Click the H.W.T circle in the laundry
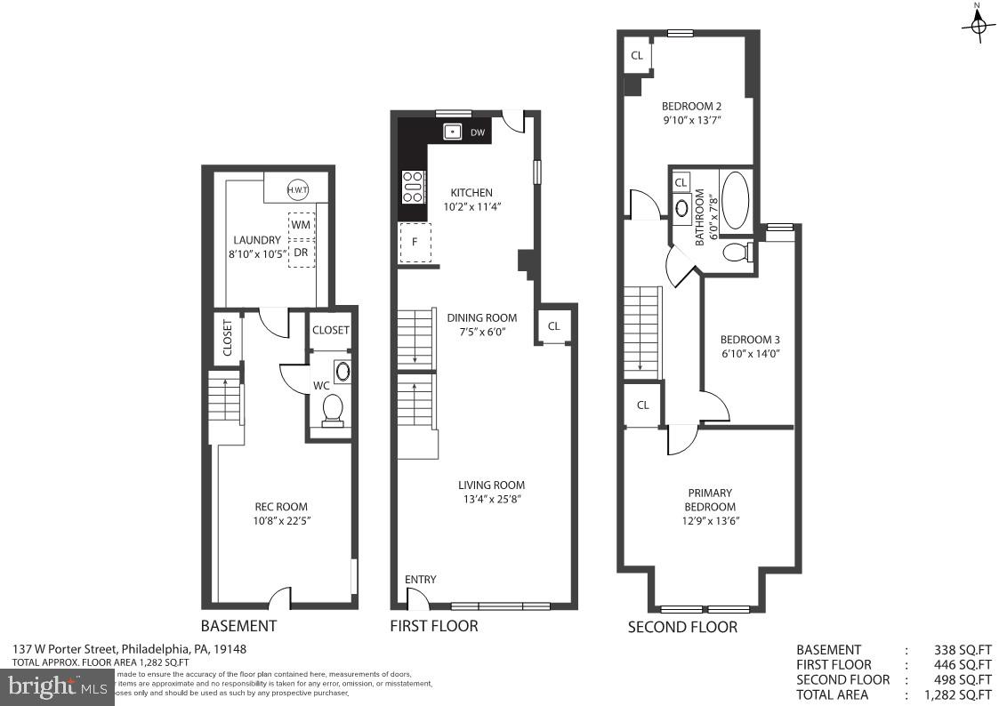tap(297, 189)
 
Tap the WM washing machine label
tap(301, 226)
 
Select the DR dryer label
tap(301, 252)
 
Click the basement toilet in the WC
tap(333, 410)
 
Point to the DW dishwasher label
tap(478, 133)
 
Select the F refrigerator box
tap(415, 242)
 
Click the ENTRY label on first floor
tap(421, 580)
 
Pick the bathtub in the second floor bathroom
tap(735, 201)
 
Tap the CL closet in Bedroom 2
tap(637, 56)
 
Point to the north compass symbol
tap(978, 26)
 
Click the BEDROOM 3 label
tap(750, 340)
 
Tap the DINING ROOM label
tap(481, 317)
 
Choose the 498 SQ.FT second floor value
tap(963, 679)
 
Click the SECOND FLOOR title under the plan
tap(682, 627)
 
